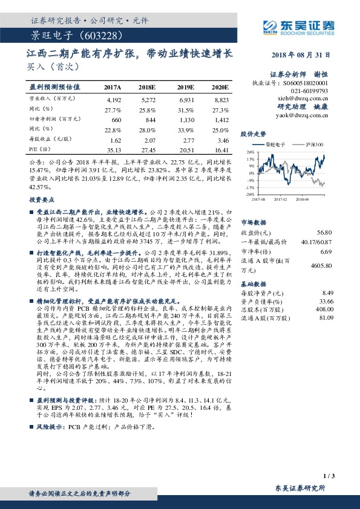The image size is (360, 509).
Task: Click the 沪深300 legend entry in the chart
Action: point(314,145)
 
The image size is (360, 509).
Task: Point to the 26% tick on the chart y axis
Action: point(249,152)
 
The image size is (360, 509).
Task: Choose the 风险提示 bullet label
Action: point(53,427)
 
